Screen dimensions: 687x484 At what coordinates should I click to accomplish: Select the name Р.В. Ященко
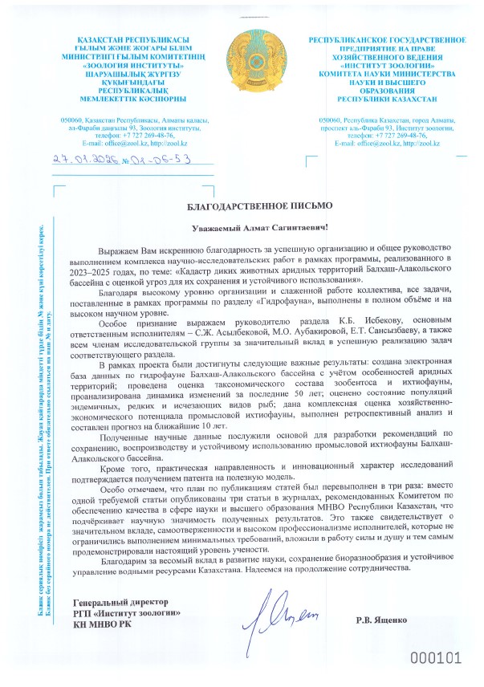click(x=383, y=621)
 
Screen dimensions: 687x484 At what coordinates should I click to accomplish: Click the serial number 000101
click(x=437, y=660)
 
